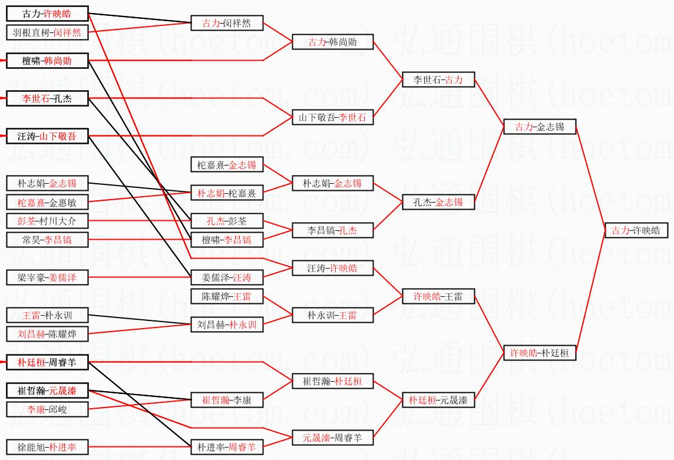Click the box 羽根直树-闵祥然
47,32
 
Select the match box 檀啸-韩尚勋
47,61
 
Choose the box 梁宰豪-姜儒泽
47,278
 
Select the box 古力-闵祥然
227,23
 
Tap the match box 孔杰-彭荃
227,221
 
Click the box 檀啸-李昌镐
227,240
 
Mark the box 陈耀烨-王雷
227,297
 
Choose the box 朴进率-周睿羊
227,447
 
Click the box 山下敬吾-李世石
333,117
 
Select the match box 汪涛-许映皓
333,268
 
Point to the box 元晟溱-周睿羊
333,438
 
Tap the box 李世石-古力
438,80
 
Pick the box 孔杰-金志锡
438,202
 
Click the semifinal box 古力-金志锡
540,127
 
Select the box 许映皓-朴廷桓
540,353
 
